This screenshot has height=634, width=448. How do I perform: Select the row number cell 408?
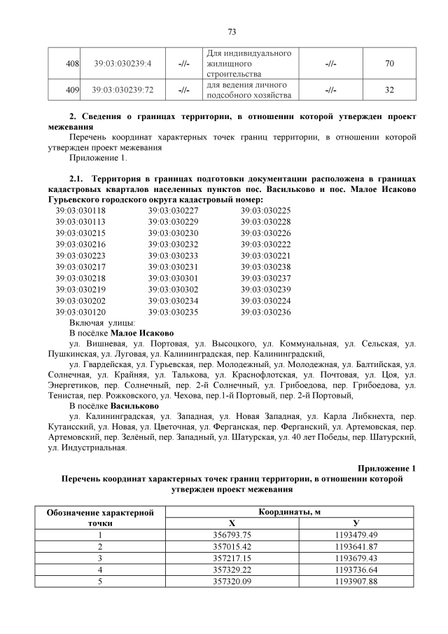tap(71, 64)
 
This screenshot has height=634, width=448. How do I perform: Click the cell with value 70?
tap(389, 64)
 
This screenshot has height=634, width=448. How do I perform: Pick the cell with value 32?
tap(389, 90)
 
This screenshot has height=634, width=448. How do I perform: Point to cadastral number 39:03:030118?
tap(80, 210)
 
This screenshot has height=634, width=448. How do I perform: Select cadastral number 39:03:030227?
tap(173, 210)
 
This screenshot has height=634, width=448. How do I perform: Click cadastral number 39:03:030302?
tap(173, 289)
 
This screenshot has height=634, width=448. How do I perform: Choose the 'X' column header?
tap(232, 523)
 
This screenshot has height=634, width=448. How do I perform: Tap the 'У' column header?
tap(356, 523)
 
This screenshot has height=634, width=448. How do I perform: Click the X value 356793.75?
tap(232, 535)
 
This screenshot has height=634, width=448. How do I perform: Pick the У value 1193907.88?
tap(356, 581)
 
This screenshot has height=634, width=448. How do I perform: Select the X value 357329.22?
tap(232, 570)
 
